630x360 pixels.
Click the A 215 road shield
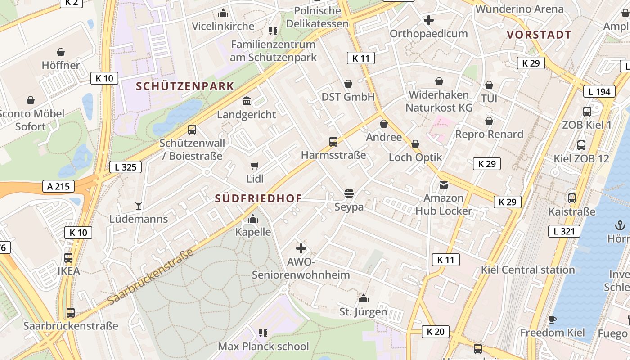(58, 186)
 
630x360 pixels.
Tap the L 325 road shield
(126, 167)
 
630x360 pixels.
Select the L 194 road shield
(599, 92)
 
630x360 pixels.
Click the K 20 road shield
(436, 332)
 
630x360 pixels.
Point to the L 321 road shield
(564, 232)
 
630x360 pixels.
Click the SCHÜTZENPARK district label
(185, 86)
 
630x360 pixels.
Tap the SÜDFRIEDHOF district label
(258, 198)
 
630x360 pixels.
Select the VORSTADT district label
(539, 35)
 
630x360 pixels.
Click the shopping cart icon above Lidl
(255, 166)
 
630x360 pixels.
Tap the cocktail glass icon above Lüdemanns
(139, 206)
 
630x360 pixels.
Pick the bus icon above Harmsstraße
(333, 142)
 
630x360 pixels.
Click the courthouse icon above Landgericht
(247, 101)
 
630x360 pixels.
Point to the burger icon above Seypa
(349, 193)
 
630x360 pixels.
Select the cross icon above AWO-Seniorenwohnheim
(301, 248)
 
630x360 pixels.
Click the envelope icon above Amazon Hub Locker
(444, 184)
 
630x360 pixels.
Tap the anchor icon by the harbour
(620, 225)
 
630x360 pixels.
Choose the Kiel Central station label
(528, 270)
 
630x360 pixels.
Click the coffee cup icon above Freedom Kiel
(553, 319)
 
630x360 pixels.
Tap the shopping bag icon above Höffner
(61, 52)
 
